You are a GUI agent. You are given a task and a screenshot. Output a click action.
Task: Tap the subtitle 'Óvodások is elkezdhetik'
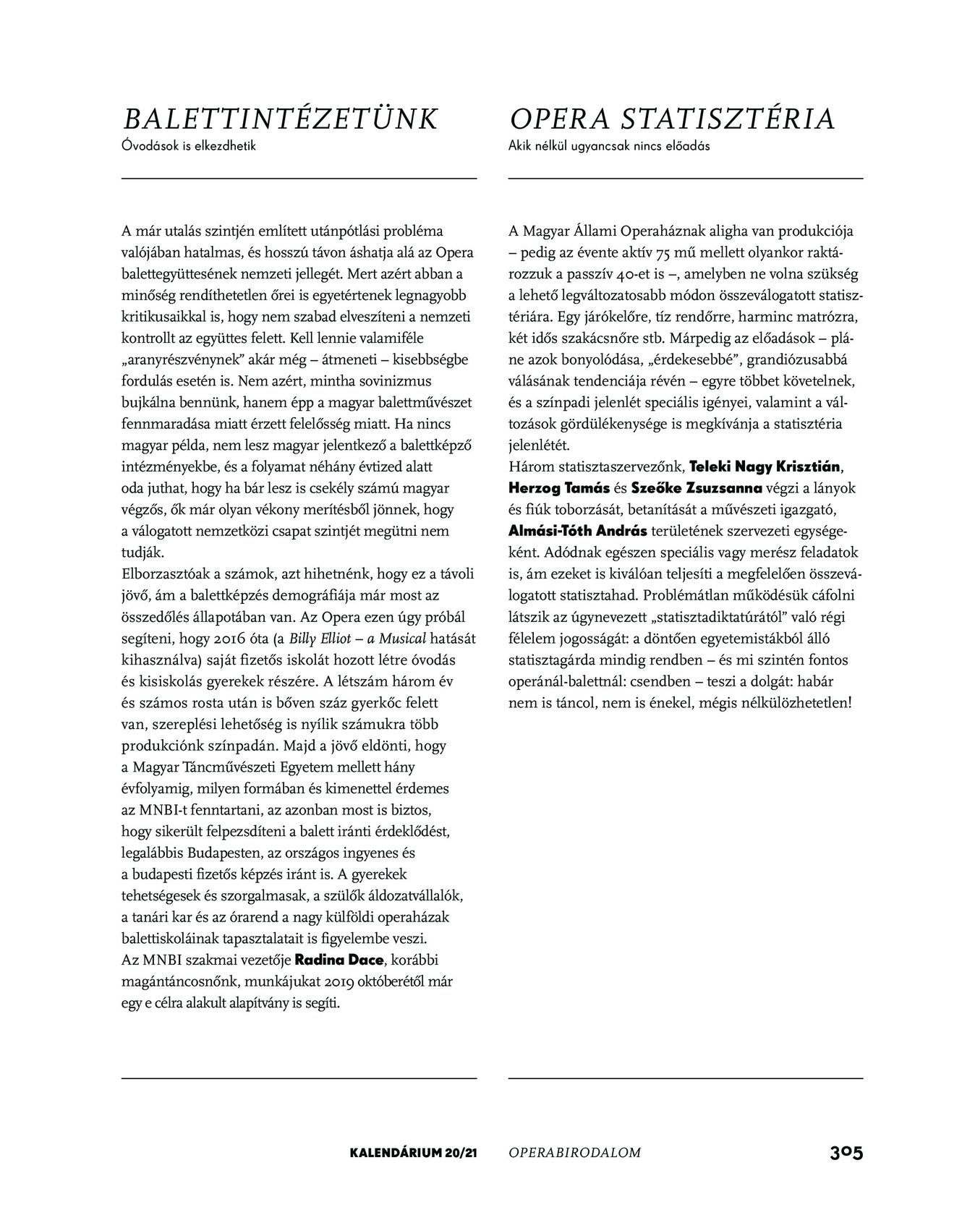point(190,146)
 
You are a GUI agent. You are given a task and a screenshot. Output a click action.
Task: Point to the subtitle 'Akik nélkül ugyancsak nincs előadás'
point(609,146)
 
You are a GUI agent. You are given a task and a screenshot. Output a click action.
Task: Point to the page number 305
point(846,1153)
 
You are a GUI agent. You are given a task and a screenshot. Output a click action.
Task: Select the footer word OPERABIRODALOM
point(574,1154)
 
